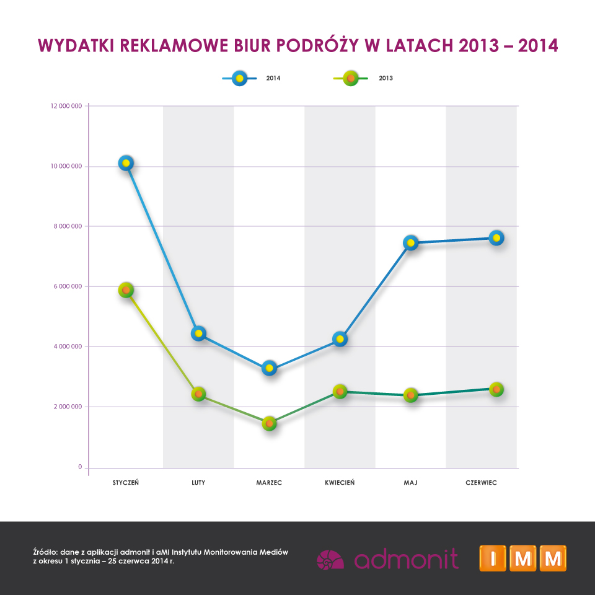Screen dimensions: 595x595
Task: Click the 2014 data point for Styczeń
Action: [126, 163]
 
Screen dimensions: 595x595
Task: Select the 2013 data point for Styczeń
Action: [126, 290]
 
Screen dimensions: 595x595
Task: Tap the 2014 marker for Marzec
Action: [270, 368]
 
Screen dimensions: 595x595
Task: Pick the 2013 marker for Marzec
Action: [270, 423]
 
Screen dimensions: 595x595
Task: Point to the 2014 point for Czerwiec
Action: [496, 238]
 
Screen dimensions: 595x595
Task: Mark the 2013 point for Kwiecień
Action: [340, 391]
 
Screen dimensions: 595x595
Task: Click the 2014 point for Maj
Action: [410, 243]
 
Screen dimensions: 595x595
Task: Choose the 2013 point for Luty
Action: [198, 394]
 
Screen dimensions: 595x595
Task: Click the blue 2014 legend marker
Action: [239, 79]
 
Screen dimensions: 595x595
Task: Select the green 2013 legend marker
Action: [351, 79]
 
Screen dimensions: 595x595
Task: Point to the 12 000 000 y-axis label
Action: [66, 106]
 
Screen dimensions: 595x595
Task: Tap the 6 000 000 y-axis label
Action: [68, 286]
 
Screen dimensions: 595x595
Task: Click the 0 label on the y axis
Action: [80, 467]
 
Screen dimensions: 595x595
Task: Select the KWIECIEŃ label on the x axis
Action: [340, 482]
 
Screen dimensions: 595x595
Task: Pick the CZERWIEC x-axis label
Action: [481, 483]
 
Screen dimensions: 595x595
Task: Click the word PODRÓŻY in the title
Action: [317, 45]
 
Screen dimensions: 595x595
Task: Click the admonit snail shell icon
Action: [330, 560]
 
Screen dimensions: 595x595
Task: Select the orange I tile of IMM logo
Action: [493, 558]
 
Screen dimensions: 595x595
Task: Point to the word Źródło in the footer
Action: [45, 552]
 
